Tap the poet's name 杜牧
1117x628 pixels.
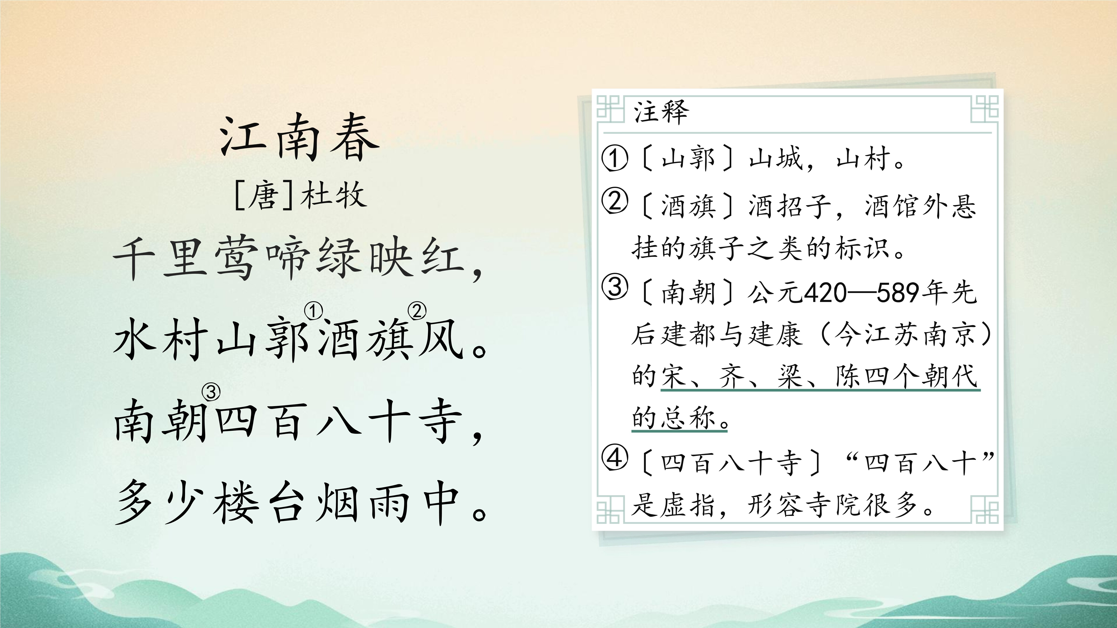(334, 195)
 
